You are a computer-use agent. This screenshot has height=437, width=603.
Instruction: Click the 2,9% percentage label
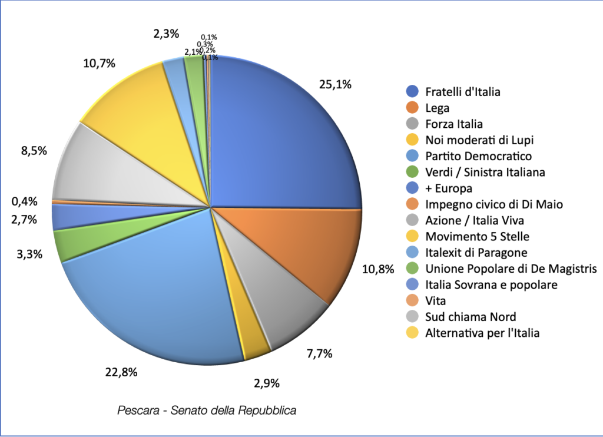[267, 383]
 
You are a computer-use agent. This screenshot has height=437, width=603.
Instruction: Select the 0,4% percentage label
[24, 201]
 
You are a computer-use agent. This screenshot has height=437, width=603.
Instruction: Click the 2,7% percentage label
[24, 220]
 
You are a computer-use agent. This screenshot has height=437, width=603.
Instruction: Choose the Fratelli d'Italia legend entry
[462, 92]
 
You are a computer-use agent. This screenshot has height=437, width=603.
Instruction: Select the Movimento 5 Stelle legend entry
[477, 237]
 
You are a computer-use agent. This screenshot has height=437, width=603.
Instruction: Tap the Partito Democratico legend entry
[478, 156]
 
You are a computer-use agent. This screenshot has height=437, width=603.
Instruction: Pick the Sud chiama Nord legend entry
[471, 317]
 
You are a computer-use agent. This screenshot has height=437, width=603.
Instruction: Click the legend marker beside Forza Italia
[413, 124]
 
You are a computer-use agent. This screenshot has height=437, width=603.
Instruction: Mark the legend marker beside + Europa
[413, 188]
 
